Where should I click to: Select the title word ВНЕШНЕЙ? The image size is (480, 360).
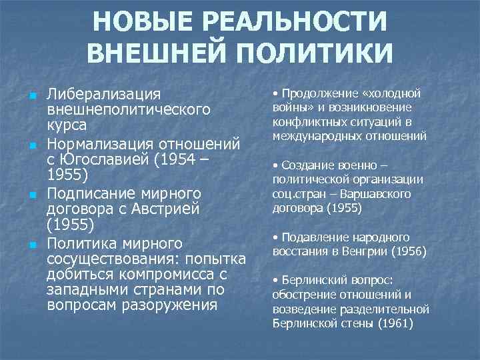[163, 53]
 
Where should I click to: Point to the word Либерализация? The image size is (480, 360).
[104, 95]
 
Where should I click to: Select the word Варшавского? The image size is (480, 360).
[379, 194]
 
